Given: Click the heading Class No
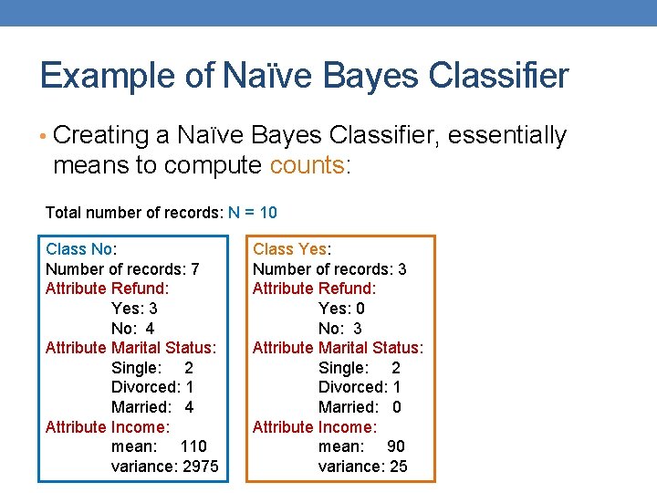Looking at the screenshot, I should (80, 249).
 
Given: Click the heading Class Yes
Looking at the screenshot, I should (291, 249).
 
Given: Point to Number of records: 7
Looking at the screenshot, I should (122, 269).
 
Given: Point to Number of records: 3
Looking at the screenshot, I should (329, 269).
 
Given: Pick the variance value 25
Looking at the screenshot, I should (398, 467).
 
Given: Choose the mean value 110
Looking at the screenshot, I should (193, 446).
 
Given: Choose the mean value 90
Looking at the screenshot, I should (396, 446).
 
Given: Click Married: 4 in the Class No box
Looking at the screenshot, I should (152, 407).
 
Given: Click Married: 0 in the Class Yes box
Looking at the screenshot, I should (360, 407).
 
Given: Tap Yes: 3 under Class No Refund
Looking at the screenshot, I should (134, 309).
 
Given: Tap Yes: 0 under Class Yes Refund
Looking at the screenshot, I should (341, 309).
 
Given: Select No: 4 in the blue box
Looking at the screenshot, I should (132, 329).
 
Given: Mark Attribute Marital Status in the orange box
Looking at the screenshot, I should (338, 348).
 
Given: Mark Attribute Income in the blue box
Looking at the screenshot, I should (107, 427).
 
